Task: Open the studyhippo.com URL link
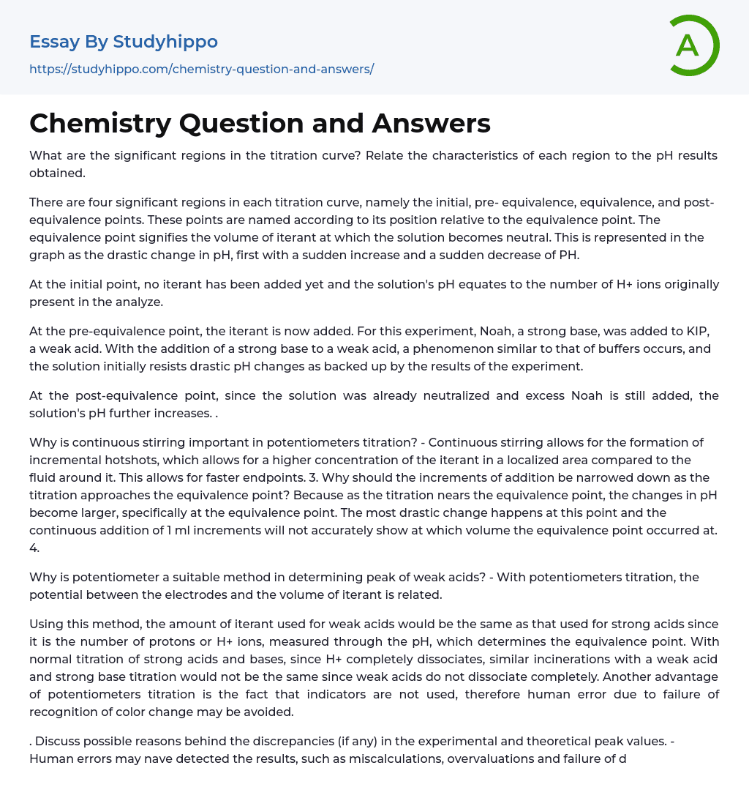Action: [201, 69]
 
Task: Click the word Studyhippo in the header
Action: [165, 42]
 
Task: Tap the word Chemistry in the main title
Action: [99, 123]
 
